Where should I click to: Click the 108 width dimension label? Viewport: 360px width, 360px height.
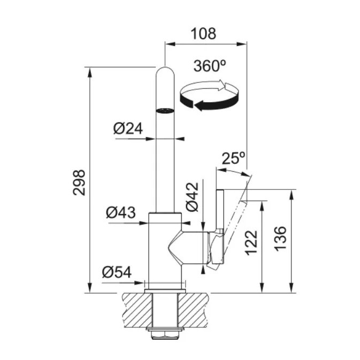click(x=203, y=34)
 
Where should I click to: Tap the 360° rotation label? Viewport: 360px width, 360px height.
click(x=210, y=66)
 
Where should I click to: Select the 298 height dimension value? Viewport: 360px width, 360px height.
click(x=79, y=182)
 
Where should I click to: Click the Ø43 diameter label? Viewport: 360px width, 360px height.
click(x=121, y=212)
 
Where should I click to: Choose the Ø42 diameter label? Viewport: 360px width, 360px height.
click(x=192, y=196)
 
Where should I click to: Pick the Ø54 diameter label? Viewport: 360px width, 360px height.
click(x=117, y=272)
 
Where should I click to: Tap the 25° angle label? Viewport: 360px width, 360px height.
click(x=234, y=158)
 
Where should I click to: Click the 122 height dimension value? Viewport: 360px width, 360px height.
click(x=251, y=243)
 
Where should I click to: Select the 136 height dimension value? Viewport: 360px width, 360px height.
click(x=281, y=239)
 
